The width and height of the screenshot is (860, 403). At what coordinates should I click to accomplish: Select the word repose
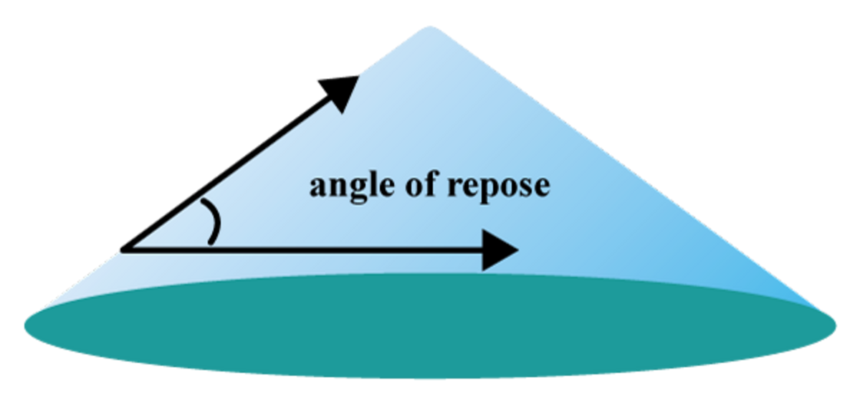(499, 187)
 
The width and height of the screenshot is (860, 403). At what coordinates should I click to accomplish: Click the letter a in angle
(317, 187)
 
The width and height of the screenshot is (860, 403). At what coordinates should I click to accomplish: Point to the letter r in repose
(454, 187)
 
